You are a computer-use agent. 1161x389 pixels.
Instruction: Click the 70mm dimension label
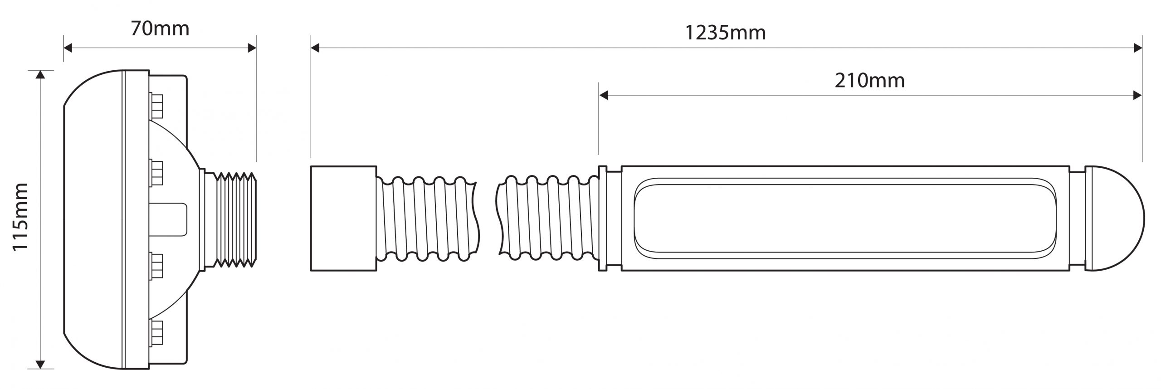[x=160, y=29]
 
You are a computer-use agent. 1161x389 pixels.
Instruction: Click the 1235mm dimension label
[x=725, y=33]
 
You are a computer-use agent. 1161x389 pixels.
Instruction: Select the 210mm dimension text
[x=869, y=81]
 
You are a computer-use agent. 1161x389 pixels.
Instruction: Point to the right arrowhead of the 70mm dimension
[x=252, y=48]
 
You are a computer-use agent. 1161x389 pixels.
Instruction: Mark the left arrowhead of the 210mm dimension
[x=604, y=95]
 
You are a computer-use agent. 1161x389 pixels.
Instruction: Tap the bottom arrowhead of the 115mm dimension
[x=41, y=364]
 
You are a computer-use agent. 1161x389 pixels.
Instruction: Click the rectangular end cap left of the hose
[x=343, y=219]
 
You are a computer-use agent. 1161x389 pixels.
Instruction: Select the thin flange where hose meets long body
[x=603, y=219]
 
